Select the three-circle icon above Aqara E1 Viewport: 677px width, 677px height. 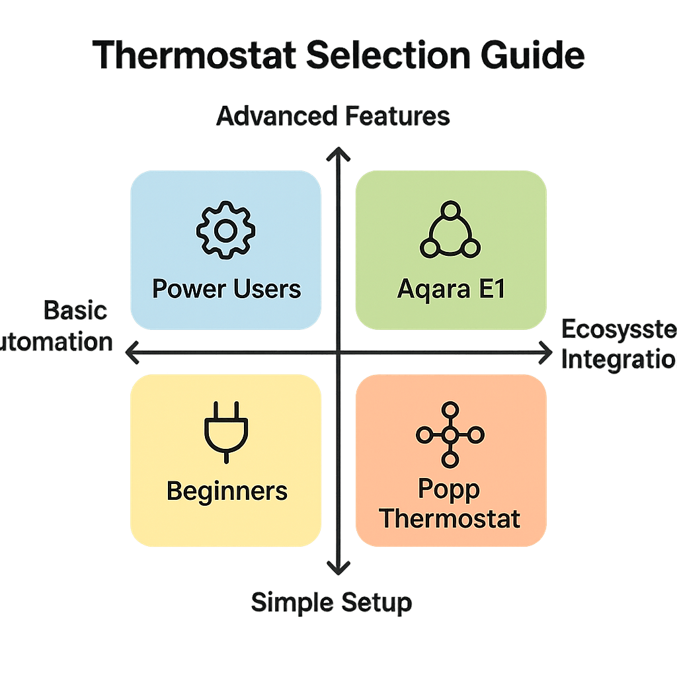(x=451, y=231)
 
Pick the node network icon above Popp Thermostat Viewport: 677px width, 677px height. (x=450, y=434)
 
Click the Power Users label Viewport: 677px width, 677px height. (x=226, y=289)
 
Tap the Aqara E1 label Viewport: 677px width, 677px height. (x=451, y=289)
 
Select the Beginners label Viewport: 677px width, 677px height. (x=227, y=491)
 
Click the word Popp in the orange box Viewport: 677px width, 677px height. (x=450, y=490)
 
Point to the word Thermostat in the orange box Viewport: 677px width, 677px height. (x=450, y=518)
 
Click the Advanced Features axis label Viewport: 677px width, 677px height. (x=334, y=117)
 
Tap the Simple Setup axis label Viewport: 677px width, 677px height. (x=331, y=602)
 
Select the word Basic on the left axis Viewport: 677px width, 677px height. (x=75, y=310)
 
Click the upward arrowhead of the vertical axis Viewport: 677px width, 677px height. (x=338, y=155)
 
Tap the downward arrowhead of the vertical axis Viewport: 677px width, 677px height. (x=338, y=569)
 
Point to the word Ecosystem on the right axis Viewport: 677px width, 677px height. (x=618, y=330)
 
